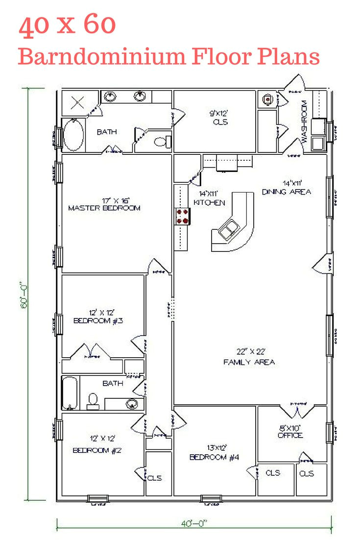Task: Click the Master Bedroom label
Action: (104, 204)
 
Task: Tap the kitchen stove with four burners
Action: (183, 216)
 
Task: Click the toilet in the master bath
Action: (162, 142)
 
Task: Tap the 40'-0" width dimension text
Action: (194, 523)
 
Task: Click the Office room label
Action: (290, 431)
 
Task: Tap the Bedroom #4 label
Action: (214, 453)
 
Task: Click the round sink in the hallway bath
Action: (131, 404)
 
